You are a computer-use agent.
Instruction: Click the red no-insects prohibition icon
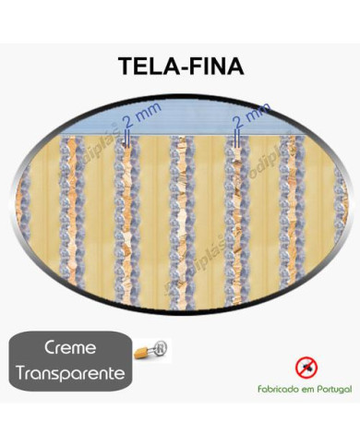[305, 368]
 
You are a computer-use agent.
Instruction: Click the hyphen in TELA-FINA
[189, 66]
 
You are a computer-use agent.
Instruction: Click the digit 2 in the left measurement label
[126, 124]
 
